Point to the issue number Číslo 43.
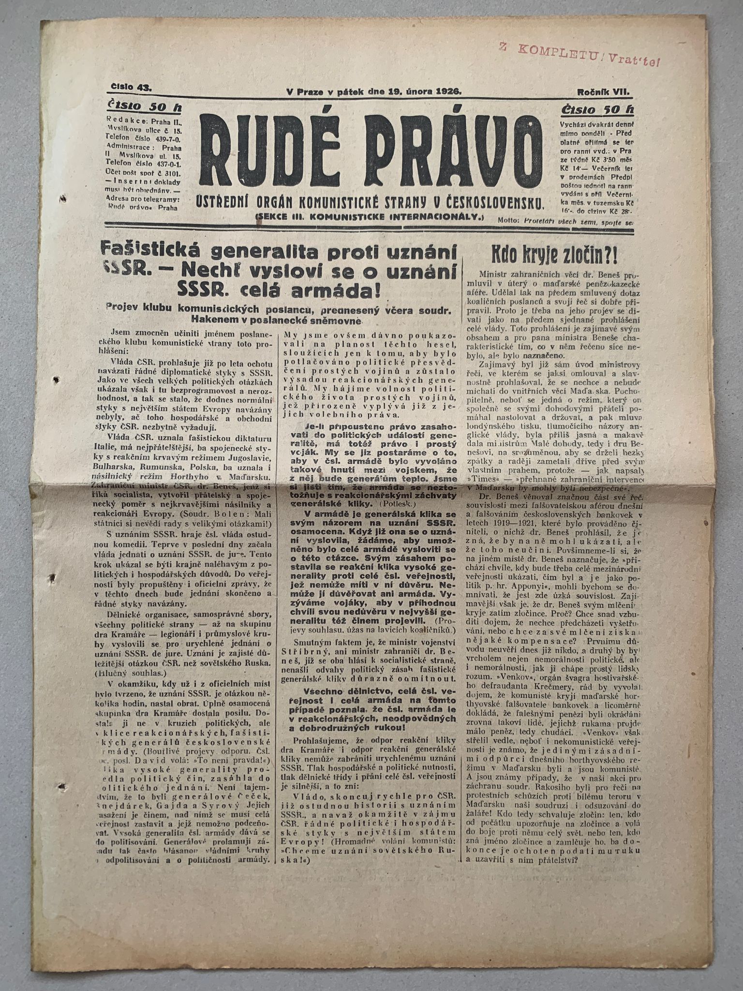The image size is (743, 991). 131,88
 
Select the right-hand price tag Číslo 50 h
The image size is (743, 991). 597,110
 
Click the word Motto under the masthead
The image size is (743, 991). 508,220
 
